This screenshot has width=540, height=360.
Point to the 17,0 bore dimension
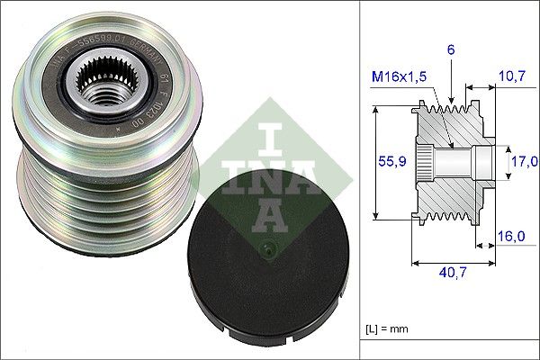(x=524, y=161)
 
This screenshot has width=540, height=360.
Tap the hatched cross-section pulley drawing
(x=450, y=162)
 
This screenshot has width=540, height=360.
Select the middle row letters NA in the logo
(x=270, y=175)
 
